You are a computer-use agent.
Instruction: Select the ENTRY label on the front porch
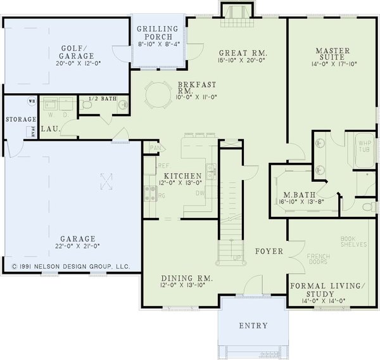[253, 326]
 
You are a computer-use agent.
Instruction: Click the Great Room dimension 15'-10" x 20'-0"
[243, 61]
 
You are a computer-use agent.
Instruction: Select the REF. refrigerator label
[155, 165]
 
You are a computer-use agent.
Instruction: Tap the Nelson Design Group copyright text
[70, 267]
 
